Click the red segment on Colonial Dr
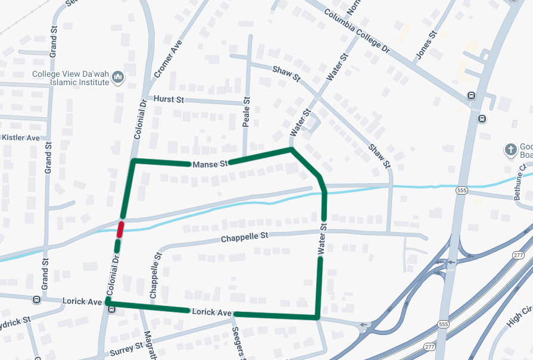tap(120, 228)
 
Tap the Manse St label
tap(210, 163)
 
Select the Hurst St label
tap(168, 99)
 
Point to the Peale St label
tap(247, 112)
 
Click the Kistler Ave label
tap(21, 137)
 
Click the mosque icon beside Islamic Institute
tap(118, 77)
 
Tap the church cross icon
tap(510, 149)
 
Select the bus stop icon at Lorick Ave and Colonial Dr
tap(110, 309)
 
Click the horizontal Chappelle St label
tap(244, 237)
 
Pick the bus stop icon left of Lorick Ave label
tap(36, 300)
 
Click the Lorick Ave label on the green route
tap(211, 312)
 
